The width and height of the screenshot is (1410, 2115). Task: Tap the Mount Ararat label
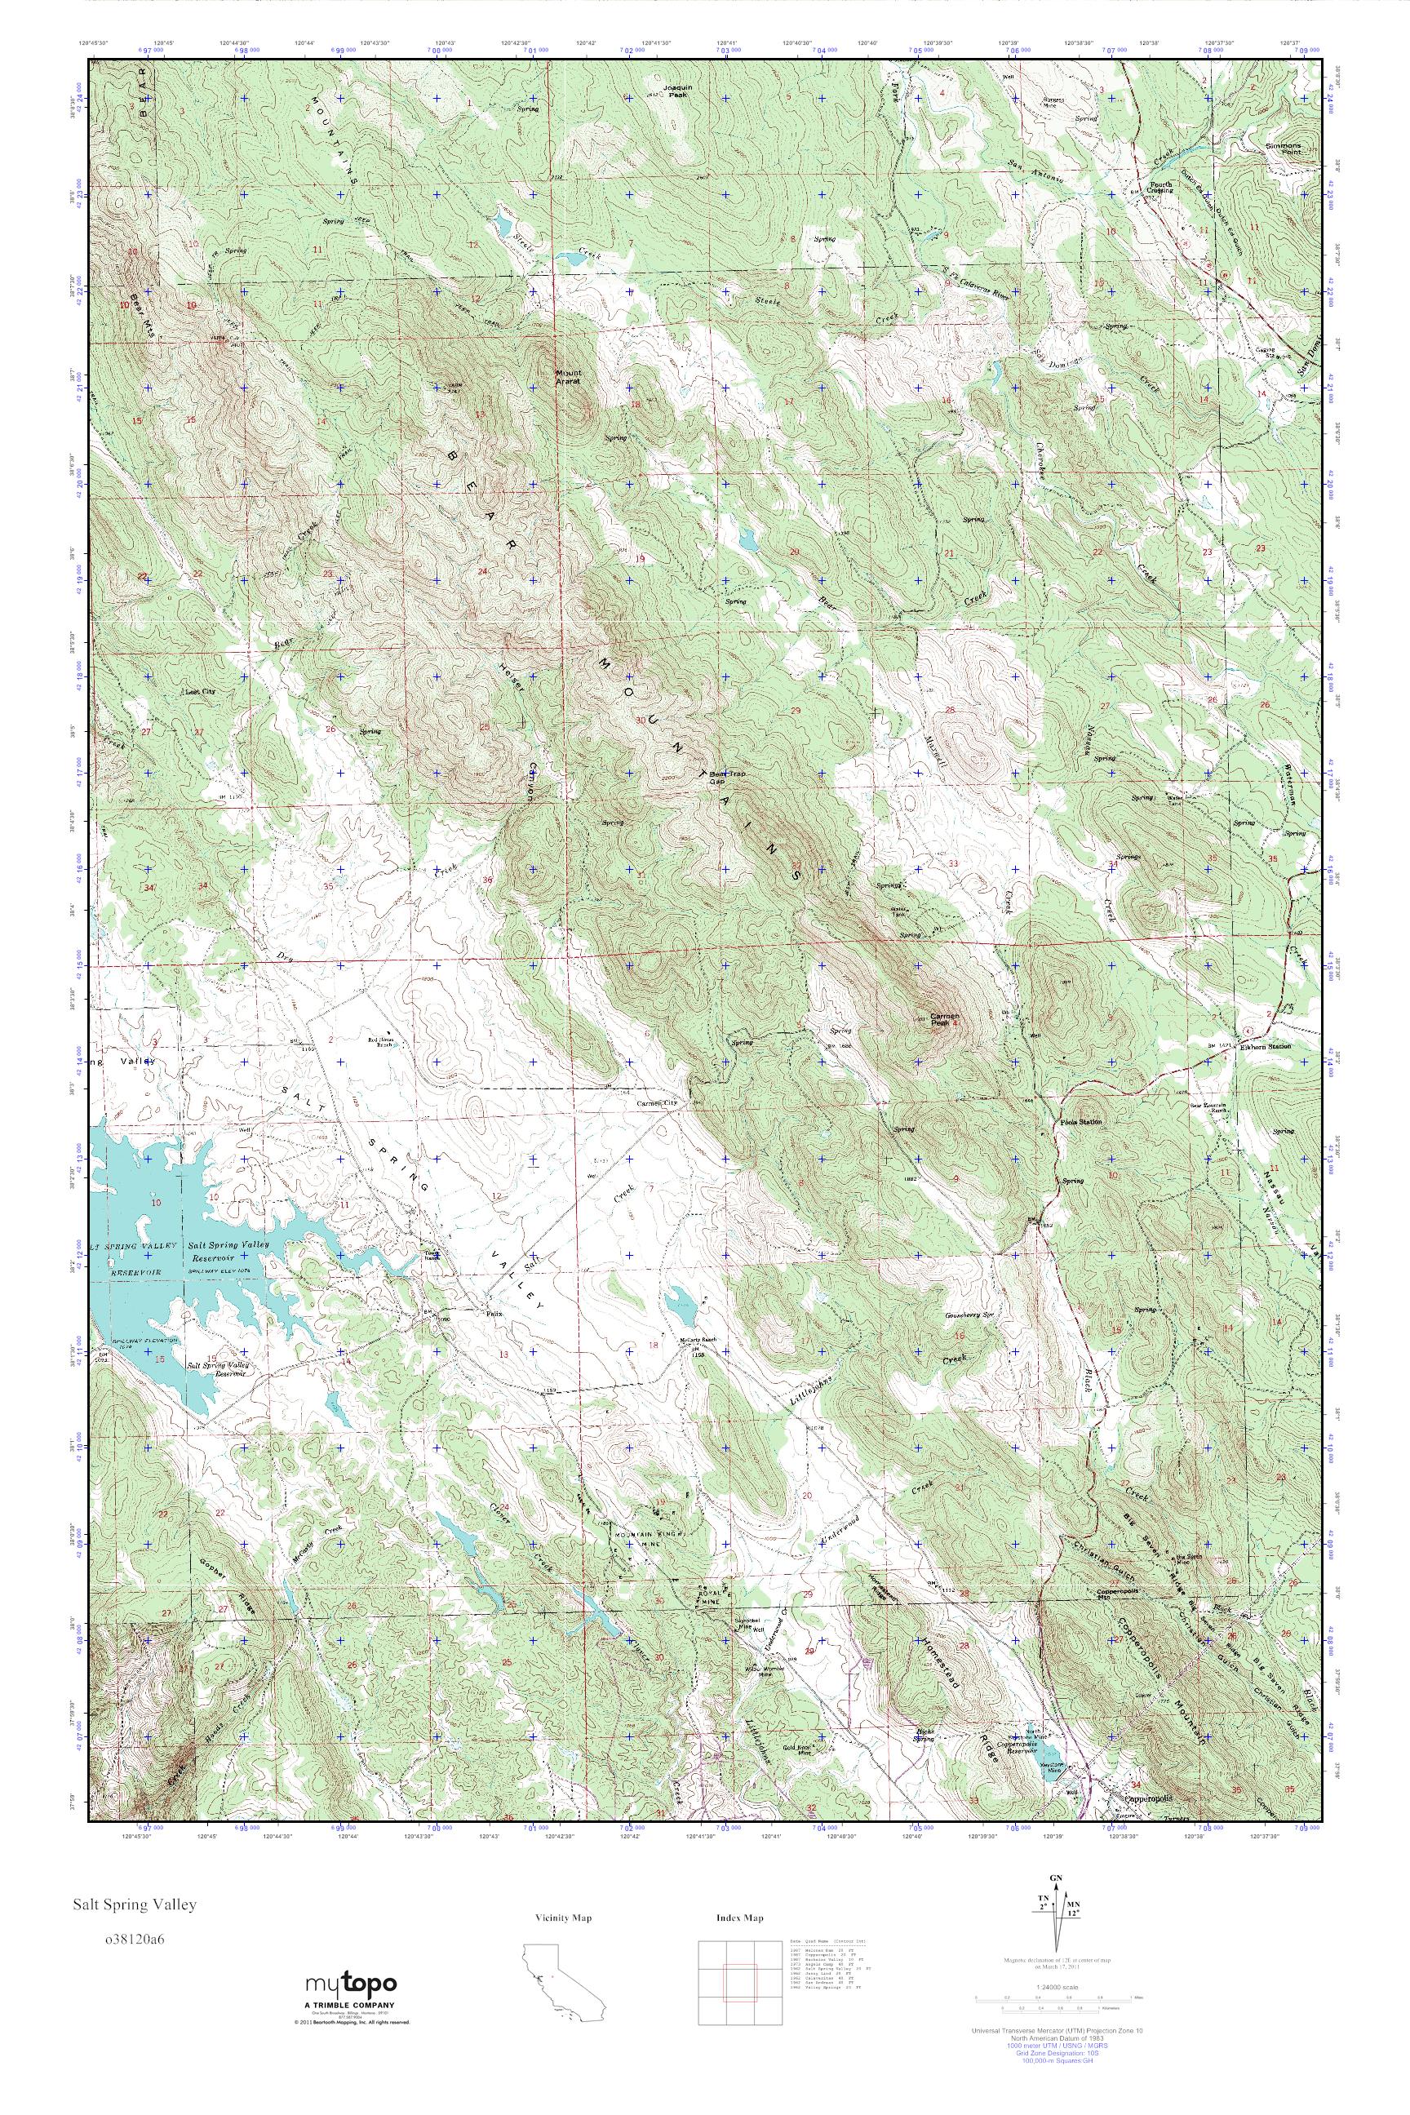(568, 377)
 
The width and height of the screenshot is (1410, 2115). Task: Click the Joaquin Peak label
(676, 91)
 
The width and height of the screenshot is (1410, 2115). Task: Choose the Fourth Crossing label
(1160, 188)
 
